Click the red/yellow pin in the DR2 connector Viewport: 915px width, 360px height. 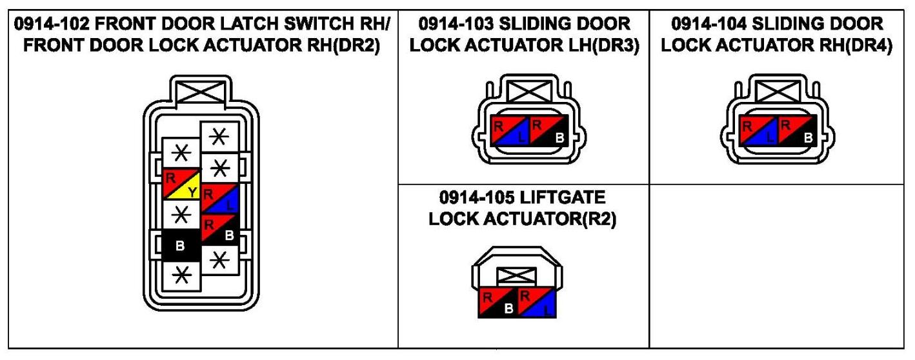[181, 183]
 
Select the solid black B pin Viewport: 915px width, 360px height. [181, 246]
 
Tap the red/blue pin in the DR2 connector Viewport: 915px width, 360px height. [220, 199]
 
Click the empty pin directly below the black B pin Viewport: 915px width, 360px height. [181, 275]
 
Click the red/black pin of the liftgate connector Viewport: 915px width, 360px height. [498, 301]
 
